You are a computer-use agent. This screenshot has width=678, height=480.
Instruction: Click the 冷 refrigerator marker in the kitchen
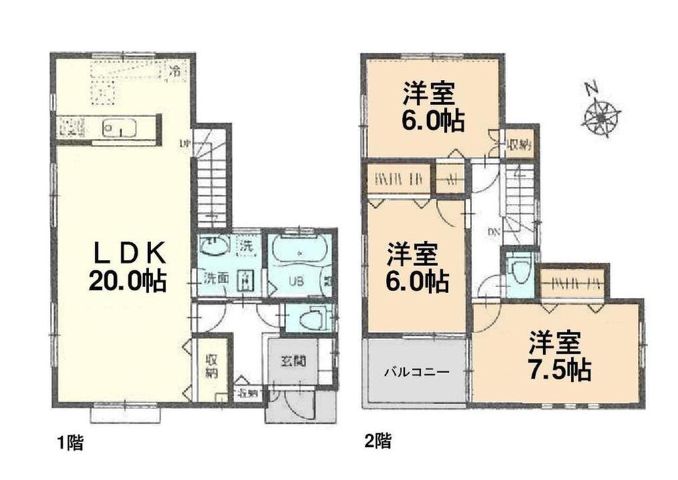point(175,70)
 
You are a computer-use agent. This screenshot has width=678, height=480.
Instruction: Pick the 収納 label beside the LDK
point(211,366)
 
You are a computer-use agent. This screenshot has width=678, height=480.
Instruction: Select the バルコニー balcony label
point(416,372)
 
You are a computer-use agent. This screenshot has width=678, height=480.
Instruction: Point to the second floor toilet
point(519,271)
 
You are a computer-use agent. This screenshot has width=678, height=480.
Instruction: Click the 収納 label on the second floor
point(520,144)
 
